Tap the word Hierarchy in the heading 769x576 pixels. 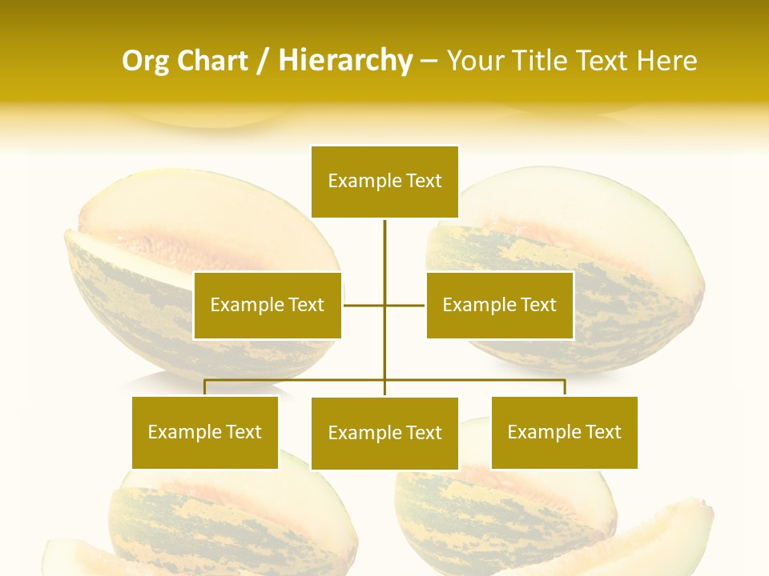click(345, 61)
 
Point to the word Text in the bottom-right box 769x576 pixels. click(602, 432)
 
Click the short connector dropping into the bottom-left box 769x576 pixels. click(205, 387)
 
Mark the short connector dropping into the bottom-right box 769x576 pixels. click(565, 387)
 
